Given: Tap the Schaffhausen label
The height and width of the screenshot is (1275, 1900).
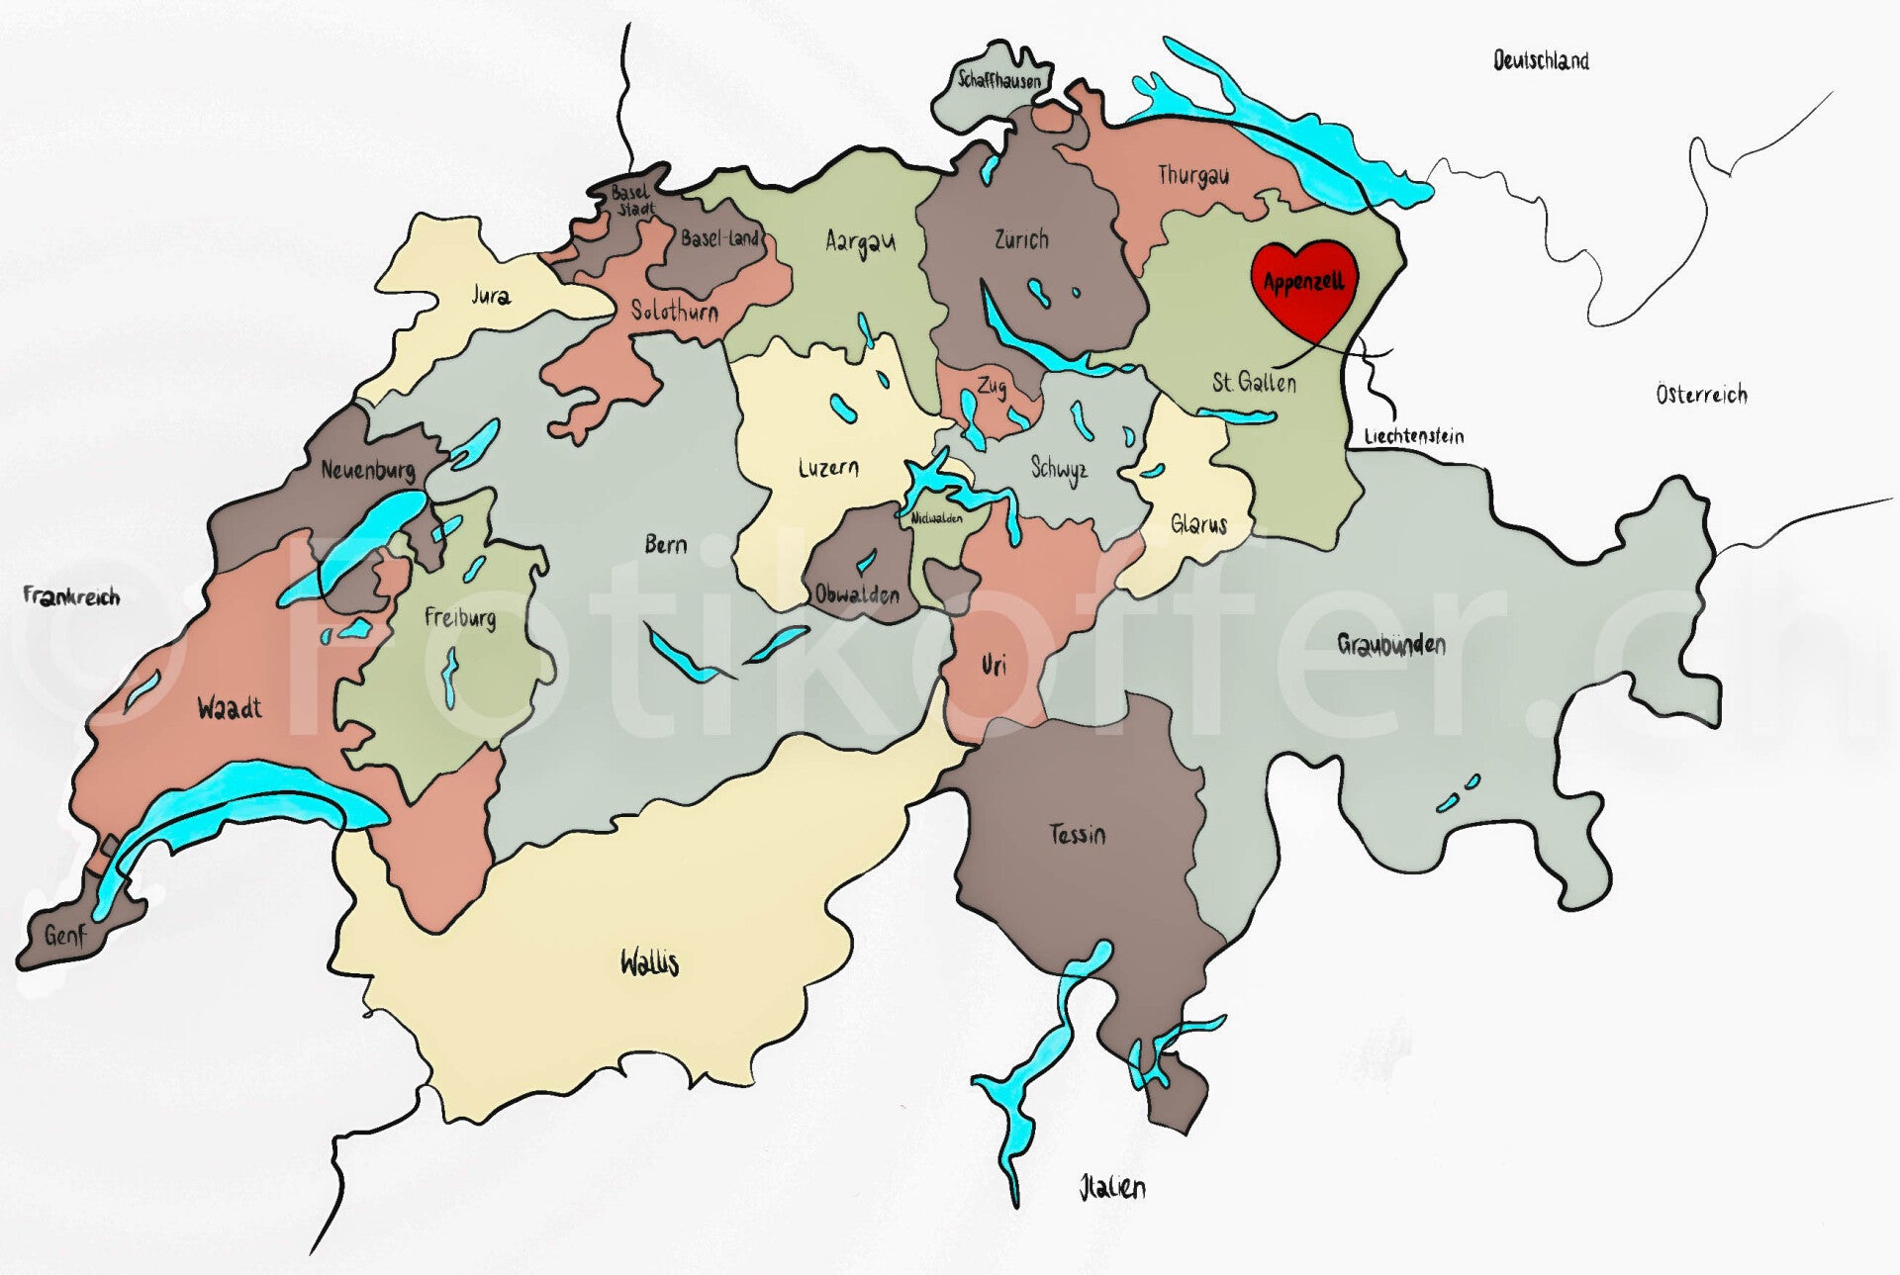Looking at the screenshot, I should click(999, 80).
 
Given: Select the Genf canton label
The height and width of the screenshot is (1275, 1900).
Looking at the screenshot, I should click(65, 935).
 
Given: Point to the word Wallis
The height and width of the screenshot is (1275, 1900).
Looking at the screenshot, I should click(649, 962).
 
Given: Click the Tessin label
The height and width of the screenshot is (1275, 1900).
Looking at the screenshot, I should click(1078, 835).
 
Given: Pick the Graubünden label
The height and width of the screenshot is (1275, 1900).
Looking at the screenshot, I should click(1391, 645).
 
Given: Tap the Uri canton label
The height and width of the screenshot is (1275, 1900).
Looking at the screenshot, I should click(994, 666).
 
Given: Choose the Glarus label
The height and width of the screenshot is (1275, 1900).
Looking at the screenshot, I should click(1198, 524).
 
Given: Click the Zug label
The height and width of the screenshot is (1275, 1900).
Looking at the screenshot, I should click(992, 385).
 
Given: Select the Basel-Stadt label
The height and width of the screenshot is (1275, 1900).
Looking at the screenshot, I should click(632, 201).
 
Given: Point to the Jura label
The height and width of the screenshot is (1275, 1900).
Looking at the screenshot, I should click(491, 295).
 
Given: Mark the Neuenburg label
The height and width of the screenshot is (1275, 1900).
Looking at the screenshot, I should click(367, 471).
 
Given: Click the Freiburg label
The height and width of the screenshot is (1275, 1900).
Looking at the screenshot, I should click(460, 618).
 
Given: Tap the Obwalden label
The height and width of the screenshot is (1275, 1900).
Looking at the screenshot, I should click(857, 594).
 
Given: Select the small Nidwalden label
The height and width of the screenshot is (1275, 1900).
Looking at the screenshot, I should click(936, 517).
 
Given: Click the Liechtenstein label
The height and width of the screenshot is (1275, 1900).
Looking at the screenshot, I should click(1413, 436).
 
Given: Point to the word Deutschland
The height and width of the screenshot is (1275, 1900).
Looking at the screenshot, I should click(1541, 61).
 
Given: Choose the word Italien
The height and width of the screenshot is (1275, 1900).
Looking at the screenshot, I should click(1112, 1187).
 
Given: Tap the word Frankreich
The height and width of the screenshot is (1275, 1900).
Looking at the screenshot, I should click(71, 596).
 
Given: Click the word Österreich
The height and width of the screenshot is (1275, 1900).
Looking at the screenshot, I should click(1701, 395).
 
